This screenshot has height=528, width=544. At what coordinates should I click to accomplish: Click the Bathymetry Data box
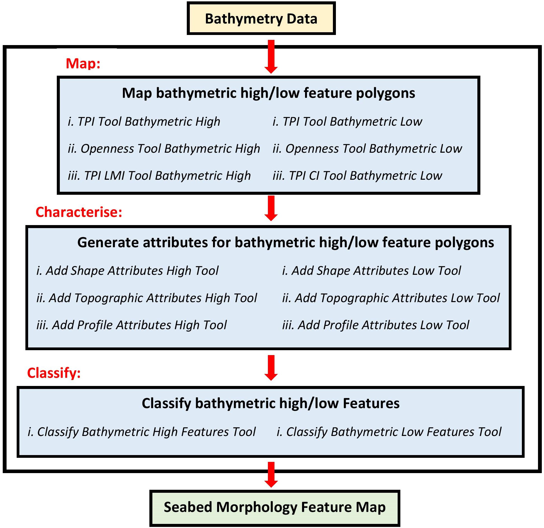click(261, 19)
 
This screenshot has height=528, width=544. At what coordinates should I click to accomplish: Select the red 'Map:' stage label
click(83, 64)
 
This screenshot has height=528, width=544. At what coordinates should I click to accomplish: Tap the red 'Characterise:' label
click(79, 212)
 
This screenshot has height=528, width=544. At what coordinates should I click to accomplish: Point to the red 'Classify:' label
click(54, 373)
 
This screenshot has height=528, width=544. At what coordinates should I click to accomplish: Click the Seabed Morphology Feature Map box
click(274, 507)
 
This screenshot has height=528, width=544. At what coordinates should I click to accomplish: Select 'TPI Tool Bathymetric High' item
click(144, 122)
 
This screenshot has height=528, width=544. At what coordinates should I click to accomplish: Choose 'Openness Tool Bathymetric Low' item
click(367, 149)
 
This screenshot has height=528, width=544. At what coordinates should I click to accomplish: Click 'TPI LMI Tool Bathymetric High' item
click(159, 175)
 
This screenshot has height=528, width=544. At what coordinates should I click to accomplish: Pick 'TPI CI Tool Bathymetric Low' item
click(357, 175)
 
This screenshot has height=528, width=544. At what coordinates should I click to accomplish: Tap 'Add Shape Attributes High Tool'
click(127, 271)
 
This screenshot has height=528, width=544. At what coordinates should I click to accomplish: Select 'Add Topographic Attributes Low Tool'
click(391, 298)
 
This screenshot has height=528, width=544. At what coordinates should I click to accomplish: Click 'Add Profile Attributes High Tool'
click(132, 325)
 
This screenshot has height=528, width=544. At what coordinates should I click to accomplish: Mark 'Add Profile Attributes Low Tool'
click(376, 325)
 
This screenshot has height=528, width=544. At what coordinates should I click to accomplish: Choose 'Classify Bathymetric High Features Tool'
click(141, 432)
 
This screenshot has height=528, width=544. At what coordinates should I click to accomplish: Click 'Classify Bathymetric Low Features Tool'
click(389, 432)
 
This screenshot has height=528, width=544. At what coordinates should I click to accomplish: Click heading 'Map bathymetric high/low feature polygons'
click(268, 93)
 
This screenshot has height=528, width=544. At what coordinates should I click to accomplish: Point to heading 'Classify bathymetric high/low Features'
click(271, 403)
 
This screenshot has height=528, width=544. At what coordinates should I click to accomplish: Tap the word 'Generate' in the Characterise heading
click(108, 242)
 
